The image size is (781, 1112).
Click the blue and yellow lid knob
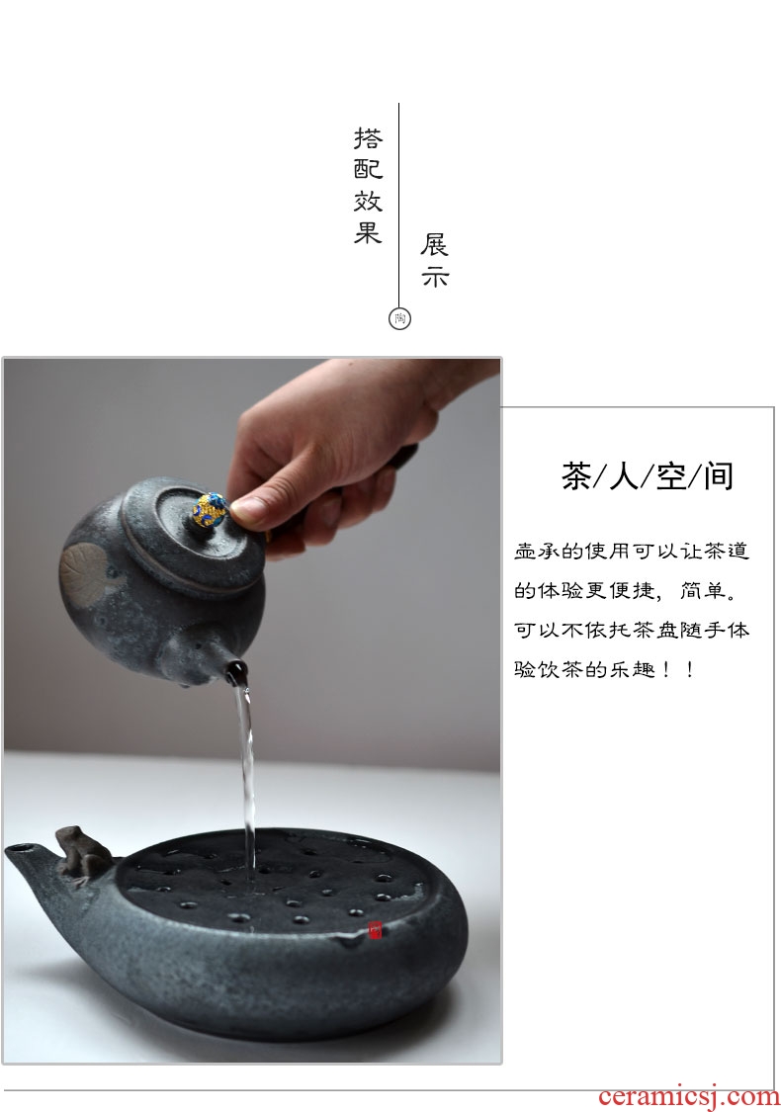(x=211, y=508)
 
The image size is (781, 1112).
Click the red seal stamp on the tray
(x=375, y=930)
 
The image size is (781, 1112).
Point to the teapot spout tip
(x=237, y=669)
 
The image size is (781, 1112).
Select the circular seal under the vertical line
(x=400, y=318)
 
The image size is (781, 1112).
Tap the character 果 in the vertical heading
(x=368, y=231)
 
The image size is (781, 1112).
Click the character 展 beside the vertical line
(x=434, y=245)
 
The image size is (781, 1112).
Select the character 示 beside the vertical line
(x=434, y=277)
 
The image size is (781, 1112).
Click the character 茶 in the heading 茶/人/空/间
(x=576, y=475)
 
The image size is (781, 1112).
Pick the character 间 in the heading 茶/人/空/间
(x=719, y=475)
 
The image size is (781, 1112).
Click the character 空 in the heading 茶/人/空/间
(x=671, y=475)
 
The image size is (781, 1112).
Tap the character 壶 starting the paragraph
(x=525, y=551)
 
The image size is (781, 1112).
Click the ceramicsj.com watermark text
(x=688, y=1095)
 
